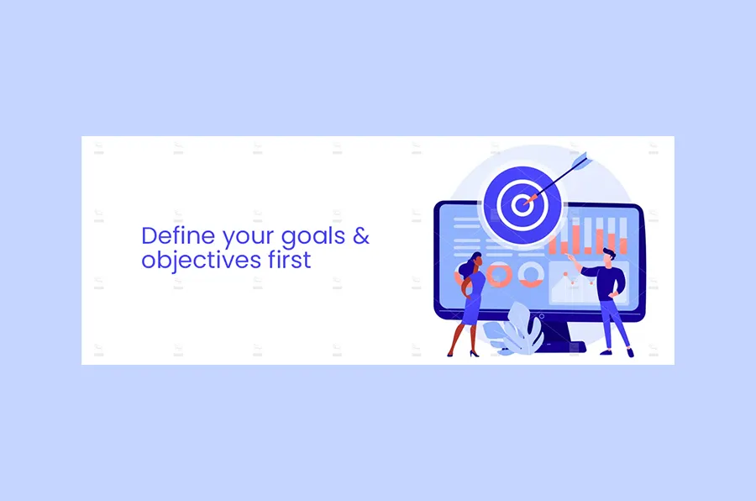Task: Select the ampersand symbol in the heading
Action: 360,235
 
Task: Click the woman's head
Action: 474,261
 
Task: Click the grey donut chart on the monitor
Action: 531,273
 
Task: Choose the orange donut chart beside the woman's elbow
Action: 500,274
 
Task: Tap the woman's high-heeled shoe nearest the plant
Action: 475,353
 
